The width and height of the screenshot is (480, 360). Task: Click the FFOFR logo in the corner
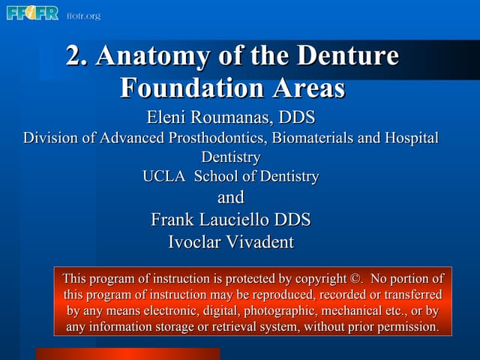(32, 13)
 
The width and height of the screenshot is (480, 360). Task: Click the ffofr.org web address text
(83, 15)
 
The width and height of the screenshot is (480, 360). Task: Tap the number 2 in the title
(73, 57)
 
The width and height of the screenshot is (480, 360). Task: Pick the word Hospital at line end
(411, 138)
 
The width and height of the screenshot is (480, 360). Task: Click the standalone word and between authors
(230, 198)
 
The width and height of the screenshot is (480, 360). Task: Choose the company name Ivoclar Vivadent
(230, 241)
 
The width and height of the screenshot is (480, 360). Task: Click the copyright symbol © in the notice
(356, 278)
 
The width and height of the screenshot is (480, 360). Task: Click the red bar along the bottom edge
(127, 354)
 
